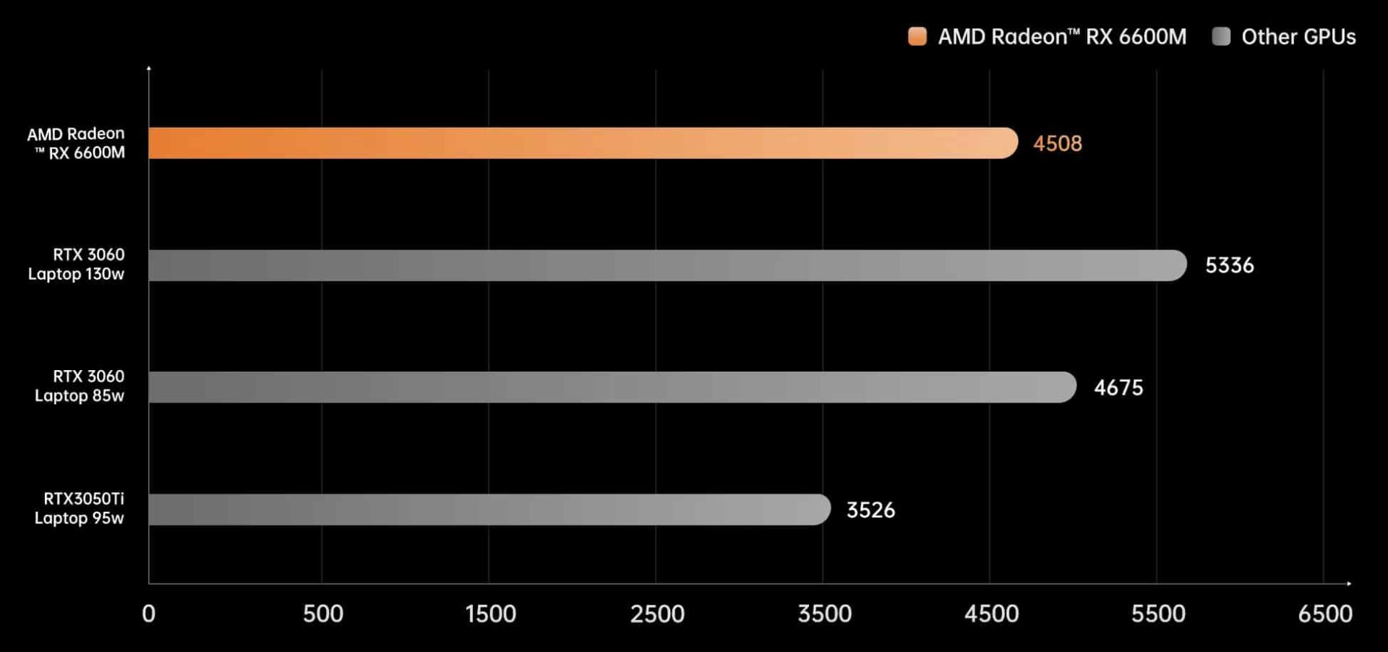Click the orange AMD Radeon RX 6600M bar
tap(583, 143)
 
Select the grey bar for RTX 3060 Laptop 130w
tap(667, 265)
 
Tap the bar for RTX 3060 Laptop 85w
tap(612, 387)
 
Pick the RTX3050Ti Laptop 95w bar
tap(489, 510)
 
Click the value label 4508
tap(1057, 144)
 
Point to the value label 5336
tap(1229, 265)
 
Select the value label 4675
tap(1118, 387)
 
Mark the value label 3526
tap(870, 510)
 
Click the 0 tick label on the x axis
tap(149, 614)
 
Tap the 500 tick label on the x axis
tap(322, 614)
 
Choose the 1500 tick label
tap(490, 614)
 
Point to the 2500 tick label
tap(657, 614)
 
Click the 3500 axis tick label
tap(824, 614)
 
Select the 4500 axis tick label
tap(991, 614)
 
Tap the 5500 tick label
tap(1158, 614)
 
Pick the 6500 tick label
tap(1324, 614)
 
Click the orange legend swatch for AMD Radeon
tap(917, 37)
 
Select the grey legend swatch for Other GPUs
tap(1221, 37)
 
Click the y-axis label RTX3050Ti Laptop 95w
tap(80, 508)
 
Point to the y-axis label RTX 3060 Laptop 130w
tap(77, 264)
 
